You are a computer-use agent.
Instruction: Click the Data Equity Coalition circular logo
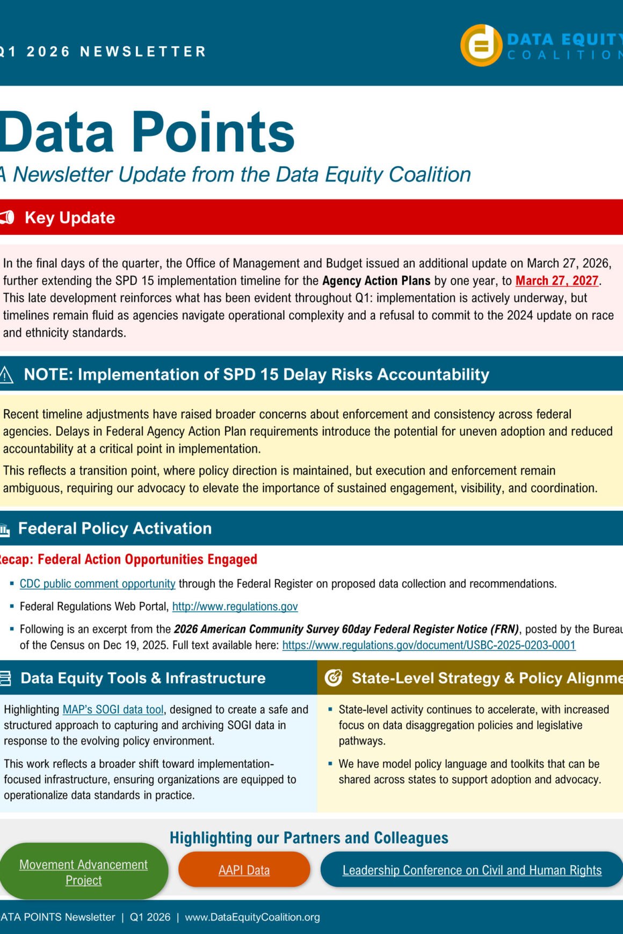[481, 45]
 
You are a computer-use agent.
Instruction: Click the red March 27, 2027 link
[556, 281]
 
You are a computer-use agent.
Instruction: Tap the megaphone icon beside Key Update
[7, 218]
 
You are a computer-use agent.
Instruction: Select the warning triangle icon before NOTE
[6, 374]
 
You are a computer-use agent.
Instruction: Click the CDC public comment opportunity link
[97, 584]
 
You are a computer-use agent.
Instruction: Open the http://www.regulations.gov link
[235, 606]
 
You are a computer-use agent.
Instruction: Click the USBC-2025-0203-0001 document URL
[429, 645]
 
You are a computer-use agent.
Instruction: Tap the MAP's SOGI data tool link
[113, 709]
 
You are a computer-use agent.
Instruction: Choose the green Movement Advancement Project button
[83, 872]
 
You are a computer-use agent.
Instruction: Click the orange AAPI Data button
[244, 870]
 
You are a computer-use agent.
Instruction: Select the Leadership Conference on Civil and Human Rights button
[472, 870]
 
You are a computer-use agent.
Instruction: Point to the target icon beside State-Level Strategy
[334, 678]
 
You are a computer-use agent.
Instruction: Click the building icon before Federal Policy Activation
[5, 530]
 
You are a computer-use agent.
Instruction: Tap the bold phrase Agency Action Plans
[376, 281]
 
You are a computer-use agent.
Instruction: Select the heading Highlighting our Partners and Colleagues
[309, 838]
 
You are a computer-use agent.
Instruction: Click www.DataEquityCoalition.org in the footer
[252, 917]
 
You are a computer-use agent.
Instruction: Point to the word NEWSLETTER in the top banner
[143, 52]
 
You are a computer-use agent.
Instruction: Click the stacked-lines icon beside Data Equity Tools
[5, 678]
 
